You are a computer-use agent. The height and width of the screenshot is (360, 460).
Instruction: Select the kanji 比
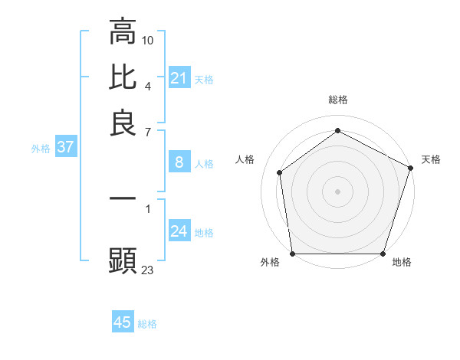point(123,77)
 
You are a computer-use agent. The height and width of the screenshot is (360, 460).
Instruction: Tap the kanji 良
point(123,123)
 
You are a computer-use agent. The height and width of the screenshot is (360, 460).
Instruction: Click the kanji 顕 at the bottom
point(123,261)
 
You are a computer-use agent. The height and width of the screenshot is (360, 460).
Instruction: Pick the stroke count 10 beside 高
point(148,39)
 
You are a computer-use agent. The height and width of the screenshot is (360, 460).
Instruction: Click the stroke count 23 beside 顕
point(148,269)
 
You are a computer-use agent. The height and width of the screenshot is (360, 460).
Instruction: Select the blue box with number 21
point(179,78)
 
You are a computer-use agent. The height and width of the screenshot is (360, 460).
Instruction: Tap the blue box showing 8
point(179,162)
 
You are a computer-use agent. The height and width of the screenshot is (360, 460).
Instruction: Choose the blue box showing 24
point(179,231)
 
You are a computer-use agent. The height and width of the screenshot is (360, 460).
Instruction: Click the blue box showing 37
point(65,147)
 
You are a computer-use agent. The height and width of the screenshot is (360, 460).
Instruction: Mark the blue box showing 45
point(122,322)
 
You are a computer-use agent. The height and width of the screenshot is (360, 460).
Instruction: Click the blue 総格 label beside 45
point(147,324)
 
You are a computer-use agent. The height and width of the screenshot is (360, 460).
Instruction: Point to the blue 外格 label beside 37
point(41,149)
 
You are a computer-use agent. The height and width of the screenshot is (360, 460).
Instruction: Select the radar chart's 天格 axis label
point(431,159)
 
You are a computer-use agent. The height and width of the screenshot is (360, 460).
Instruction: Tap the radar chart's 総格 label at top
point(337,100)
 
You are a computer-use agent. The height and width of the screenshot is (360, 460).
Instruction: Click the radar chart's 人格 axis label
point(245,159)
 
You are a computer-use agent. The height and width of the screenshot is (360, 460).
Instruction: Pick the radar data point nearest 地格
point(383,254)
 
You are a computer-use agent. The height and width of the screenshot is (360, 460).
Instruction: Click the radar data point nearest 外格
point(292,254)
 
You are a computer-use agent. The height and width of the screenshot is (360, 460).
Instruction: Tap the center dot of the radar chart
point(337,191)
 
